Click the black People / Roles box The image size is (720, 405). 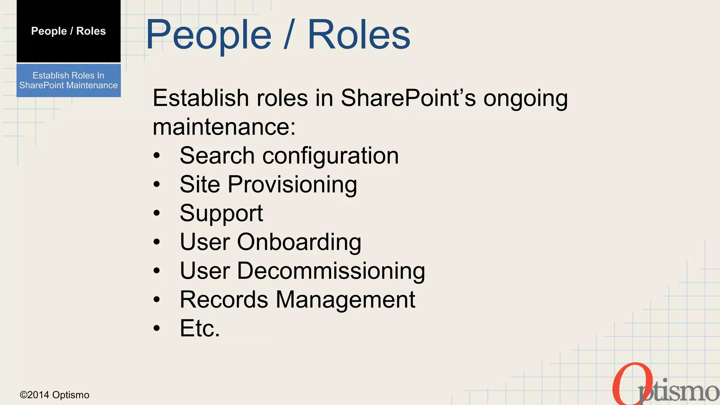(69, 31)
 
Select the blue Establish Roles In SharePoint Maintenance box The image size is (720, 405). (69, 80)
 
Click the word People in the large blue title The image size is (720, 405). (208, 35)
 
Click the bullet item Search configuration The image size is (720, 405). (289, 156)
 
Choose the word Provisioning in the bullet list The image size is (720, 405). (292, 185)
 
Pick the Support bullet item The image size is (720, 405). (221, 213)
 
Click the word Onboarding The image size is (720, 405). (299, 243)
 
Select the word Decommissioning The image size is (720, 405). (331, 271)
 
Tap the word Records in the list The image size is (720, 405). (224, 300)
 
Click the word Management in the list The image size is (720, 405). (345, 300)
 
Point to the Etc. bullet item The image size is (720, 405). (200, 328)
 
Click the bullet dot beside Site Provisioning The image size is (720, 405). (157, 184)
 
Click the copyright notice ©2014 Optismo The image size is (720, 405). (54, 395)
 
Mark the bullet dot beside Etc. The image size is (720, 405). (157, 328)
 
